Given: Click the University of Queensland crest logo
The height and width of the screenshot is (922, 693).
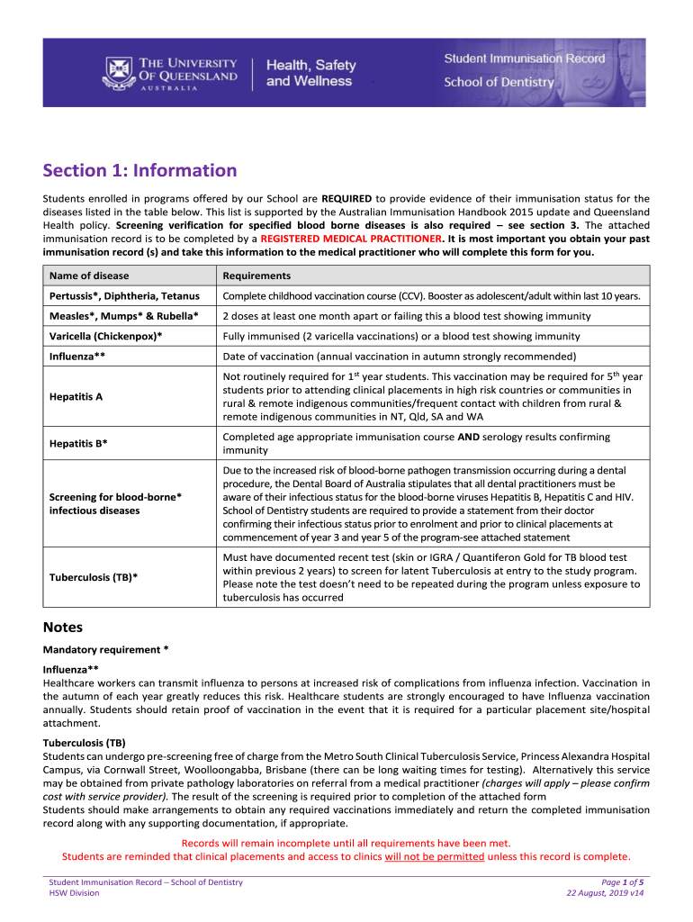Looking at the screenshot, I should click(x=118, y=71).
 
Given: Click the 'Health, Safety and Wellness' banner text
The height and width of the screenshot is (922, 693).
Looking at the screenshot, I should click(x=310, y=73).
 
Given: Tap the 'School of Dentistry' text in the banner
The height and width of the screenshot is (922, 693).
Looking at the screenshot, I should click(x=499, y=83).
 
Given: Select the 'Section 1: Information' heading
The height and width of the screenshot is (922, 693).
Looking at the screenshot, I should click(x=140, y=171).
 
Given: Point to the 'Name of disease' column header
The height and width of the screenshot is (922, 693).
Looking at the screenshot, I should click(x=89, y=276).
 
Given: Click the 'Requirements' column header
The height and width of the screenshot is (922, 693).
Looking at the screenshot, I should click(x=256, y=276).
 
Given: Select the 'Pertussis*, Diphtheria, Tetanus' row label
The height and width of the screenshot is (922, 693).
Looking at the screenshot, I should click(x=124, y=296).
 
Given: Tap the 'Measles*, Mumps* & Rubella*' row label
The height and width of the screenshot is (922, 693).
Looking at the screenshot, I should click(x=123, y=316).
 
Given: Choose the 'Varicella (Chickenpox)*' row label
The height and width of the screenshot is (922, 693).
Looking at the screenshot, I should click(x=105, y=336).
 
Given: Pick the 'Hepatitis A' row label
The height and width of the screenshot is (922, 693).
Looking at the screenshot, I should click(x=76, y=396).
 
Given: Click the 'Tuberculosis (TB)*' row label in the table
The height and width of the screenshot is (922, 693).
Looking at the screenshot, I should click(x=94, y=577).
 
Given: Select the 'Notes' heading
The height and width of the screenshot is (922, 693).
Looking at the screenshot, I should click(x=63, y=627).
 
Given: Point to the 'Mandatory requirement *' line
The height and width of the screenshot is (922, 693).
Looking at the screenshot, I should click(x=105, y=649).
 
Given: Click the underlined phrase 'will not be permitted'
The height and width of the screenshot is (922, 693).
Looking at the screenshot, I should click(x=434, y=856).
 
